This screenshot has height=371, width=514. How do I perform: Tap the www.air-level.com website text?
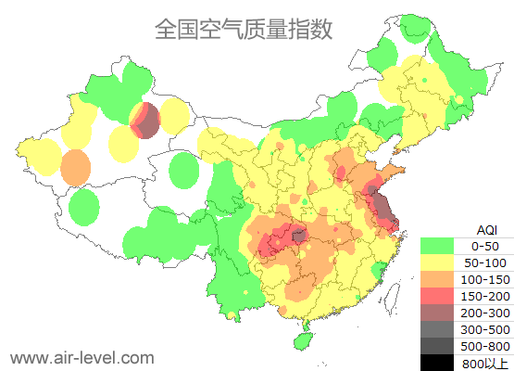click(x=81, y=356)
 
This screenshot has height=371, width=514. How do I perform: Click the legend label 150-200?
click(x=484, y=296)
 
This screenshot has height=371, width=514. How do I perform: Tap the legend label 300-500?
click(x=484, y=329)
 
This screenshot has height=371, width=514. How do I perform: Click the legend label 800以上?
click(x=484, y=363)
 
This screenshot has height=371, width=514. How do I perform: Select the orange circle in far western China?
click(x=76, y=168)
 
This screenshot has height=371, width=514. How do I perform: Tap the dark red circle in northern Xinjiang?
click(x=146, y=121)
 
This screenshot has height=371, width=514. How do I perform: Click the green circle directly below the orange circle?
click(x=84, y=207)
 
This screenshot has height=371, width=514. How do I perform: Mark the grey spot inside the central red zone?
click(x=298, y=237)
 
